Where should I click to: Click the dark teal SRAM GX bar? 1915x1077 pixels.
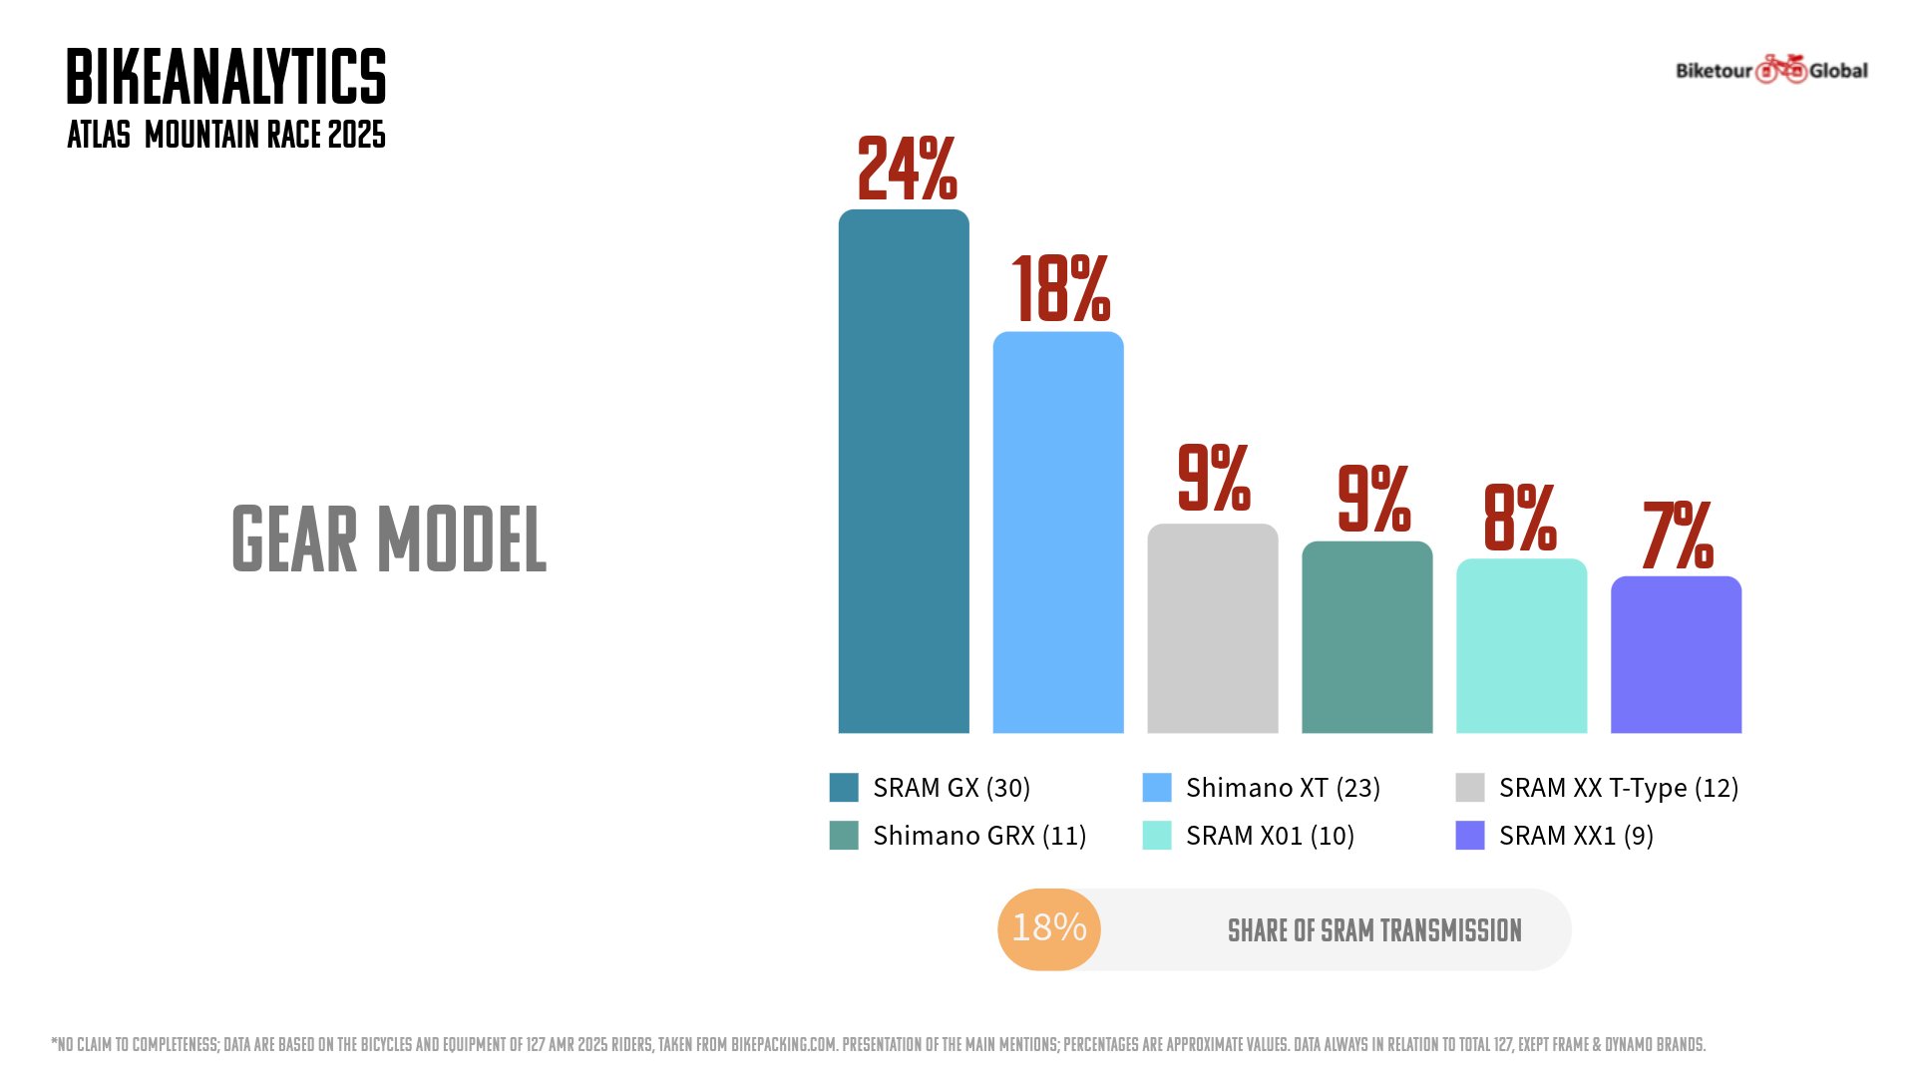click(904, 471)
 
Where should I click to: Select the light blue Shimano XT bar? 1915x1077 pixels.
click(1058, 533)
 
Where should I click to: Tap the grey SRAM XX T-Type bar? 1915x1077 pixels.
click(1213, 628)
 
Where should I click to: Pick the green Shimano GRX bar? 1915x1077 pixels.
click(1367, 637)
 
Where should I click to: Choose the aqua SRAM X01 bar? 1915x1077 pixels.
click(1522, 646)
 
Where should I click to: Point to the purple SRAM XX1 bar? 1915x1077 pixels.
click(1677, 654)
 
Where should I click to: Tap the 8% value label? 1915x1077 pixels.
click(1519, 518)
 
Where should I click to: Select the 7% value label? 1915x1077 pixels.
click(1678, 536)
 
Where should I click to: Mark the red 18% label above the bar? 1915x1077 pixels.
click(1060, 289)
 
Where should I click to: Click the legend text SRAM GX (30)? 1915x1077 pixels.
click(952, 788)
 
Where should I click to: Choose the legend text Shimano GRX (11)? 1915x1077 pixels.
click(979, 836)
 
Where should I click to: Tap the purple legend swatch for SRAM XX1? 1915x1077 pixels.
click(1470, 836)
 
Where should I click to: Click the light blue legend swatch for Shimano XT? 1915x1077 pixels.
click(1157, 788)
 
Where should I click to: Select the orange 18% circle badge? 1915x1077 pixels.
click(1049, 928)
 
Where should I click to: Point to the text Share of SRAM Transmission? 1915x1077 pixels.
click(1374, 930)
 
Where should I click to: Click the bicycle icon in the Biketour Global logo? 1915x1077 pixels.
click(1781, 69)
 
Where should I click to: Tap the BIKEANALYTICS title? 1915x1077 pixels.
click(226, 77)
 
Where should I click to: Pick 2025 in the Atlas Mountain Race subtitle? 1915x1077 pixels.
click(356, 135)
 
